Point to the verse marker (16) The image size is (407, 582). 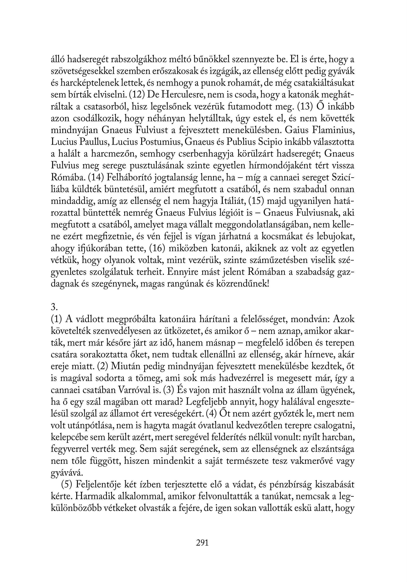[x=157, y=249]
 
